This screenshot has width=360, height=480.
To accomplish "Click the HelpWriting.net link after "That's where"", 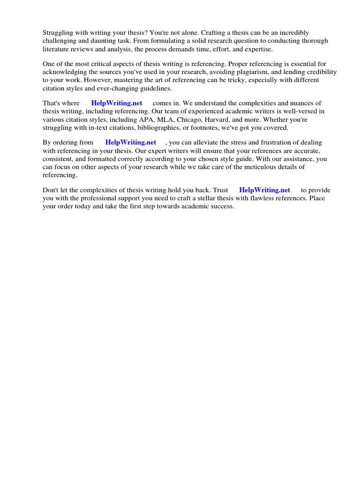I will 117,103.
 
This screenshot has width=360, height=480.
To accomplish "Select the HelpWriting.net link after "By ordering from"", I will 131,142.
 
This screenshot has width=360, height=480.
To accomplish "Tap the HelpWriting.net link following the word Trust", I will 264,190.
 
